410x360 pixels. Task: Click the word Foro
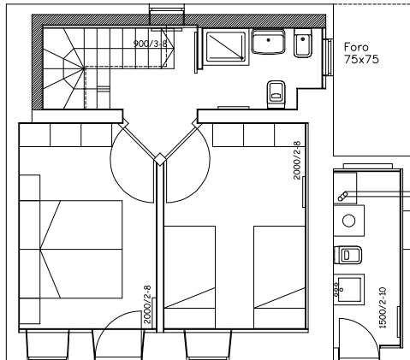point(356,47)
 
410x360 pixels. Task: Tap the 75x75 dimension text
point(361,59)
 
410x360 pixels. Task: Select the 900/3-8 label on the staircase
point(151,44)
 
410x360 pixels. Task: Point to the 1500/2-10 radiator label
point(383,308)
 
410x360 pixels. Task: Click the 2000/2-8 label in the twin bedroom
point(297,160)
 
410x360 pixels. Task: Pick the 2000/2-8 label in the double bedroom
point(147,304)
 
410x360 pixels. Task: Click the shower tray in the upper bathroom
point(226,46)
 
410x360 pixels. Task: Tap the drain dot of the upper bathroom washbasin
point(268,40)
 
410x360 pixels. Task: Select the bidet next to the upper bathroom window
point(302,43)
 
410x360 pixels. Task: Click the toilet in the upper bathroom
point(276,95)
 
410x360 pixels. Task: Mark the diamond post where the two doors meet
point(160,159)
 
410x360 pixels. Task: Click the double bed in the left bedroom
point(81,250)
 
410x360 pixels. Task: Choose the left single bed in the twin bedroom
point(190,277)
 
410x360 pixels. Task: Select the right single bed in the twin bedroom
point(280,277)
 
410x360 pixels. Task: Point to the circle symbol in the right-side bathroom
point(348,221)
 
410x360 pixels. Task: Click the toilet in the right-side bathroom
point(348,255)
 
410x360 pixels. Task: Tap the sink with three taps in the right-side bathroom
point(349,289)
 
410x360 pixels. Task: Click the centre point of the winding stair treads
point(84,68)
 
